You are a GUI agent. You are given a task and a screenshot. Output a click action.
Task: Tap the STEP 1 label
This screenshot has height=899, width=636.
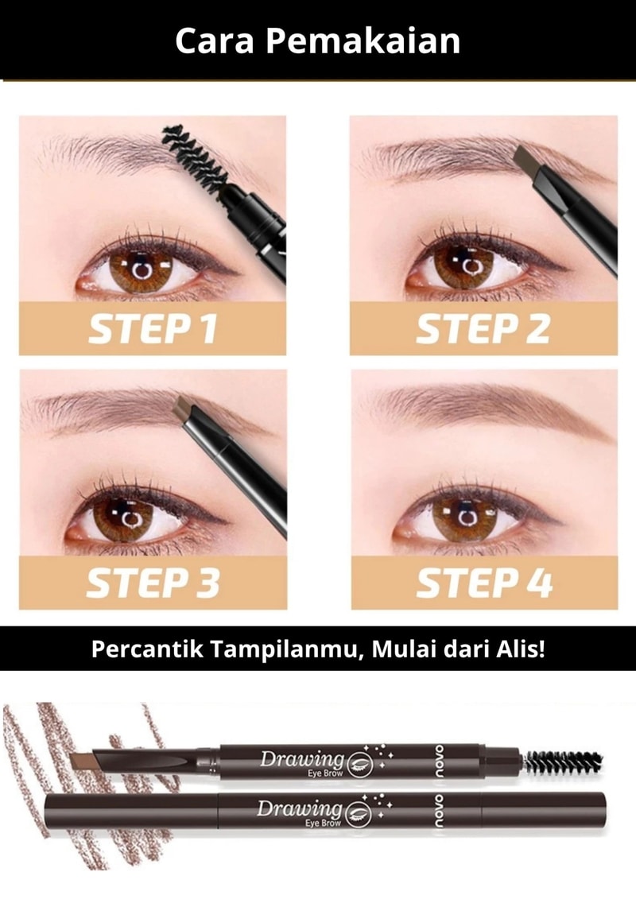(153, 329)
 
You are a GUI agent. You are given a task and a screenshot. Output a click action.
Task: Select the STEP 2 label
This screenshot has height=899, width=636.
(483, 329)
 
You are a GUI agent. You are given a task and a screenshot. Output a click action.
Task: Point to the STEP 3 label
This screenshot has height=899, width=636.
(153, 583)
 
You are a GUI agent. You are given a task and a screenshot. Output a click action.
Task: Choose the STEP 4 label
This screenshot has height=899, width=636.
(485, 583)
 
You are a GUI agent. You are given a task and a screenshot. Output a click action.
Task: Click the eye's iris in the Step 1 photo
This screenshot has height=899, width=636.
(140, 269)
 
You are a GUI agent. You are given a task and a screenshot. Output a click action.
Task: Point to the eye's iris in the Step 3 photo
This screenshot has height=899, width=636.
(128, 519)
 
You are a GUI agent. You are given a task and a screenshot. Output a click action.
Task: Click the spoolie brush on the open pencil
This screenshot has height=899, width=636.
(564, 761)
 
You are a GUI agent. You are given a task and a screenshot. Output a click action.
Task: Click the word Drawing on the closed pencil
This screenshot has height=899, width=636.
(299, 808)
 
